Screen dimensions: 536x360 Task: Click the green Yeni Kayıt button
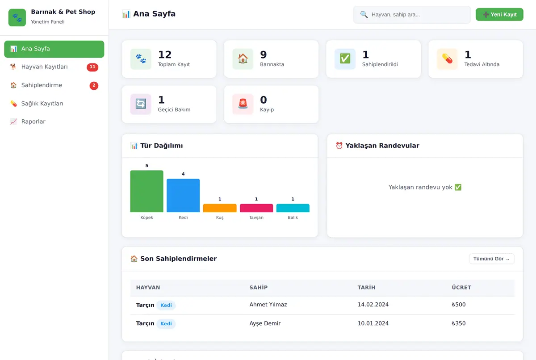(499, 14)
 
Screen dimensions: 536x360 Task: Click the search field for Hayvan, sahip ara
(412, 15)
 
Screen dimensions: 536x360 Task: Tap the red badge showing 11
(92, 67)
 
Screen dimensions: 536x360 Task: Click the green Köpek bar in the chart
(147, 191)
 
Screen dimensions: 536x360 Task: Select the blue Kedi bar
(183, 196)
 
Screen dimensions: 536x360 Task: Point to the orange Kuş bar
(220, 208)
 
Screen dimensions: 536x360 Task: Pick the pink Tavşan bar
(256, 208)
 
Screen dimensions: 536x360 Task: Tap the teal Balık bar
(293, 208)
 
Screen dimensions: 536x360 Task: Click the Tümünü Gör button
(491, 259)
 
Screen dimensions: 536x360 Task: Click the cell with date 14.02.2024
(373, 305)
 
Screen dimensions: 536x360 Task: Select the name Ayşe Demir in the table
(265, 323)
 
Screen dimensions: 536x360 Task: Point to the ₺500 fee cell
(459, 305)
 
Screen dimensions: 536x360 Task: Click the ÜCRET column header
(461, 288)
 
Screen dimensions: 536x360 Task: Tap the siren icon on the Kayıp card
(243, 104)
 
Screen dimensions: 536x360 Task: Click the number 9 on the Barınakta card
(263, 55)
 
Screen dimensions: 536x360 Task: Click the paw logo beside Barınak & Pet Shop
(17, 17)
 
